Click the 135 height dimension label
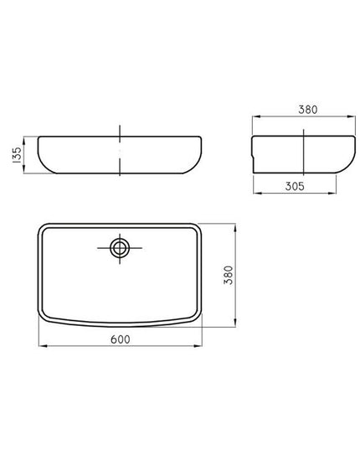coord(18,155)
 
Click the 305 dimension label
coord(295,187)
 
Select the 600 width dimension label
coord(121,339)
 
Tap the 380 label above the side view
coord(308,110)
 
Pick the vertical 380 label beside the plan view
coord(229,275)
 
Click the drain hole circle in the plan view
coord(120,248)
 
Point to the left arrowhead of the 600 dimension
coord(43,346)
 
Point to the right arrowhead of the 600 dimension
coord(198,346)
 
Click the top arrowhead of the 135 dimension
coord(23,141)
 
